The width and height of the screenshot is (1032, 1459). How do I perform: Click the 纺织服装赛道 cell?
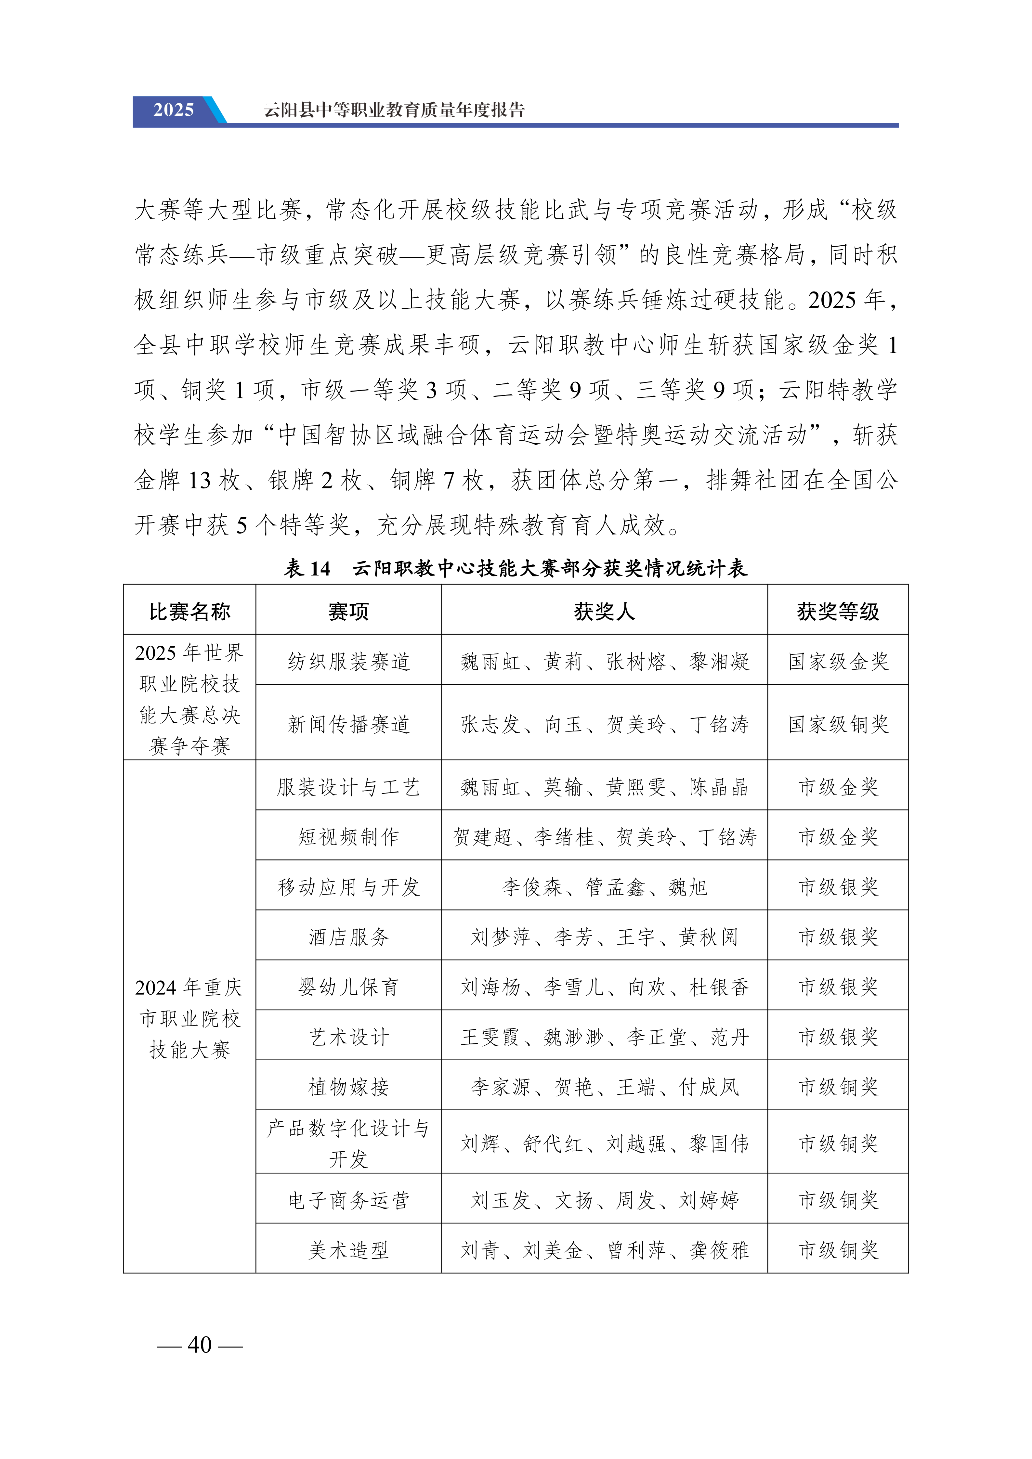click(348, 662)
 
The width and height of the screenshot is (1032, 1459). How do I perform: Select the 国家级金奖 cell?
click(838, 662)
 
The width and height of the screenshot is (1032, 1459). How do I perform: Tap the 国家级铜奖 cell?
click(838, 724)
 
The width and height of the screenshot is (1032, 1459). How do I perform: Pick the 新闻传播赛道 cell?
click(348, 724)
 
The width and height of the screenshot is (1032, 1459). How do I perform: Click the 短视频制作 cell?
click(348, 837)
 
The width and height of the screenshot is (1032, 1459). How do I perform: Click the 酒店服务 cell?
click(348, 937)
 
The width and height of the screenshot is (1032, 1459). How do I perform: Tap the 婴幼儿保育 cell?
click(348, 987)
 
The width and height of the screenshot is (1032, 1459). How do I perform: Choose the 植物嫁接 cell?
click(348, 1087)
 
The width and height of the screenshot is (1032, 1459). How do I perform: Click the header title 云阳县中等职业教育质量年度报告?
click(394, 110)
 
